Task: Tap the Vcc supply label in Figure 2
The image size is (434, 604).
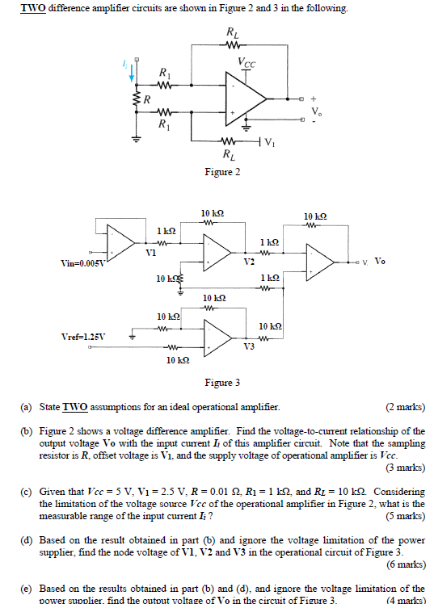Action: pos(249,61)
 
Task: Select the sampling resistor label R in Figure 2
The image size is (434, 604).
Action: pos(145,101)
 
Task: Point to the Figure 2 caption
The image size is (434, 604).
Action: pos(222,172)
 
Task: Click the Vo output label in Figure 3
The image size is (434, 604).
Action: pos(381,262)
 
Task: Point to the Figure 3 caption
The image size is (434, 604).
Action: pos(222,382)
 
